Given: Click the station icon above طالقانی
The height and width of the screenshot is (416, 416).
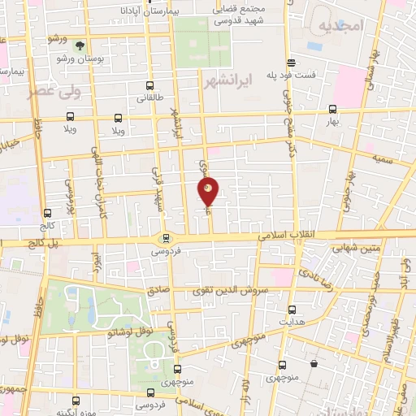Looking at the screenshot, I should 149,85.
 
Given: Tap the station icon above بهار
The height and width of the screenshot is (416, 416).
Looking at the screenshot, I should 331,109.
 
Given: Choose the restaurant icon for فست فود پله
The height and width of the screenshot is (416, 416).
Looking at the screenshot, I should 290,63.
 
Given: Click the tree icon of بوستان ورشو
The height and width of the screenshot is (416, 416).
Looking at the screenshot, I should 80,47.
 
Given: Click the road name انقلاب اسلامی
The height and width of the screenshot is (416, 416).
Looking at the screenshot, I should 291,236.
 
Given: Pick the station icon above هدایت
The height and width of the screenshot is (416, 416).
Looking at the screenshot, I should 292,309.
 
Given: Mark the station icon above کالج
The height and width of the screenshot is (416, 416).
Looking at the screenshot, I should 46,214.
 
